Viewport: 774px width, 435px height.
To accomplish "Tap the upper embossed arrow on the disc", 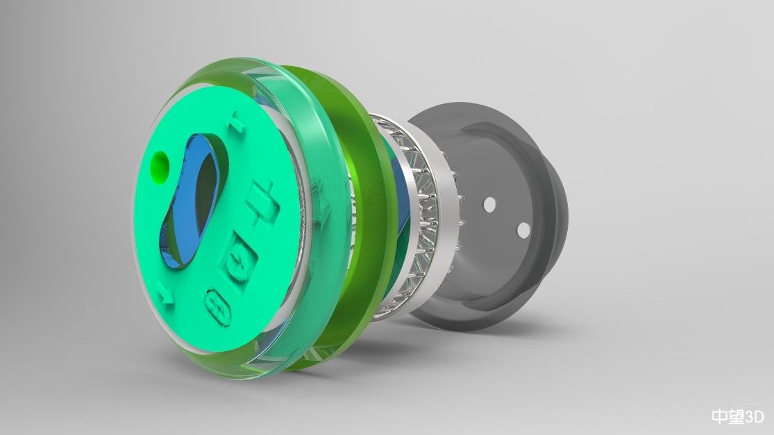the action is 237,122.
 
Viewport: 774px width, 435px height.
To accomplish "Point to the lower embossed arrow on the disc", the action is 166,296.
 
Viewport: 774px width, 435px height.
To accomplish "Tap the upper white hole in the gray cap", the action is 489,205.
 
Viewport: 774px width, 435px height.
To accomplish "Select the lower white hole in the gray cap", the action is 523,230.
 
